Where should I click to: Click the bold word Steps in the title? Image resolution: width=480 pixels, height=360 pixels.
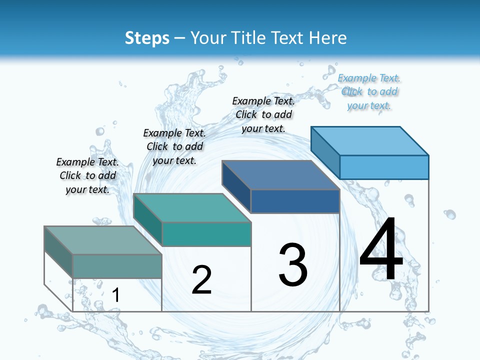147,38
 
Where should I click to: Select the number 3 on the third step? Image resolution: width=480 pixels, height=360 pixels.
293,264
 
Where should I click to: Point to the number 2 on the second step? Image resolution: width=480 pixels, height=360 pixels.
201,279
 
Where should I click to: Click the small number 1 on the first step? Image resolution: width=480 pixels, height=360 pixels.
115,295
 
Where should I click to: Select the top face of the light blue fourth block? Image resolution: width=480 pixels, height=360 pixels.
370,140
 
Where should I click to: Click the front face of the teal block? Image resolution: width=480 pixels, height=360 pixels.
206,234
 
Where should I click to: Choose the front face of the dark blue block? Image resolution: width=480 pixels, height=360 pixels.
295,201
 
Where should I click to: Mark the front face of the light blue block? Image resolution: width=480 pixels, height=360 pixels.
384,167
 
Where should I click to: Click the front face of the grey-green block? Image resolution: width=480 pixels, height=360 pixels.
117,266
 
